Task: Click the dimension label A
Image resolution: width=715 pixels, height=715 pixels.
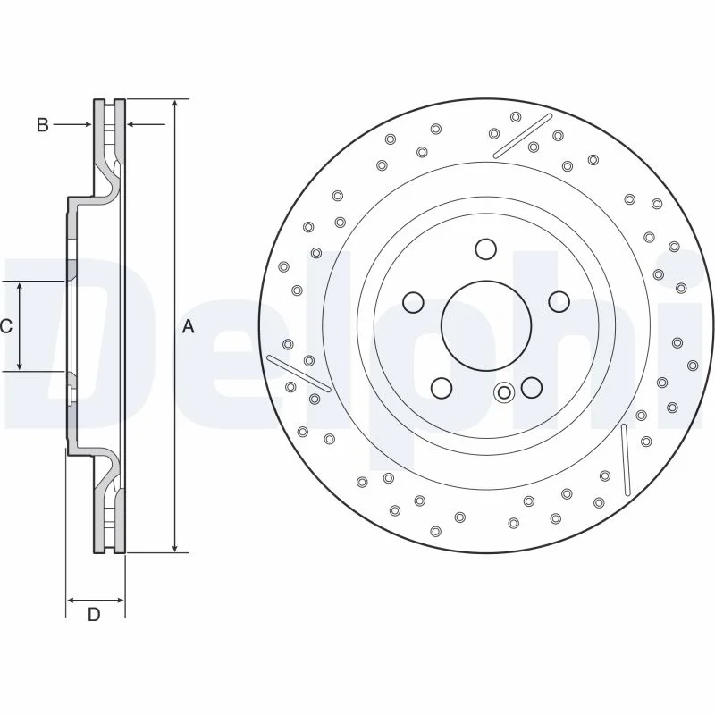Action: (x=188, y=326)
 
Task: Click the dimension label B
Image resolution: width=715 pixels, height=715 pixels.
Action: (x=42, y=124)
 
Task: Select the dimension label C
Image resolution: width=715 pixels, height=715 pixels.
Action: (x=6, y=326)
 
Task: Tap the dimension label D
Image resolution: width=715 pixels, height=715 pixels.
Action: (x=94, y=615)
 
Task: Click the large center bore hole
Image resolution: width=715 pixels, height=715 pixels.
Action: (x=486, y=325)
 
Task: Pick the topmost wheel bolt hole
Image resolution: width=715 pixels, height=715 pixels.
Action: (x=485, y=249)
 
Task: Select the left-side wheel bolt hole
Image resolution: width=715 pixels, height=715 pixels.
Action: (x=414, y=302)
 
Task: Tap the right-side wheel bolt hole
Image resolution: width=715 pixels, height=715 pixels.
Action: (x=559, y=302)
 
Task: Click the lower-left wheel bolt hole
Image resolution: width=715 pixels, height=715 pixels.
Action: (x=442, y=388)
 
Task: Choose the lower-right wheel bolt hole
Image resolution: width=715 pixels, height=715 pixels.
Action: (x=532, y=388)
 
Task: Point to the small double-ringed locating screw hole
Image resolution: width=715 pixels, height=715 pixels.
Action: (x=504, y=392)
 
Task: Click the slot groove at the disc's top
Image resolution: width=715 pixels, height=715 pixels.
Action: (x=523, y=136)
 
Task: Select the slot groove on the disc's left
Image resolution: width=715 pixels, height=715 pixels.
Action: (x=299, y=374)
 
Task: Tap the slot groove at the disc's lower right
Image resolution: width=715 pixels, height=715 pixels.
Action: (x=625, y=459)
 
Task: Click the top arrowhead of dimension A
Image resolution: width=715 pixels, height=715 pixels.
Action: (x=175, y=104)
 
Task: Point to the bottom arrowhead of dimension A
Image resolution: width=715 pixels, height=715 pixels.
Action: (x=175, y=548)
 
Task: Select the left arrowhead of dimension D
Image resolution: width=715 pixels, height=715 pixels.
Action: (x=71, y=600)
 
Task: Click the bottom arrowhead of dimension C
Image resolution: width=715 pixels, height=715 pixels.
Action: (x=20, y=366)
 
